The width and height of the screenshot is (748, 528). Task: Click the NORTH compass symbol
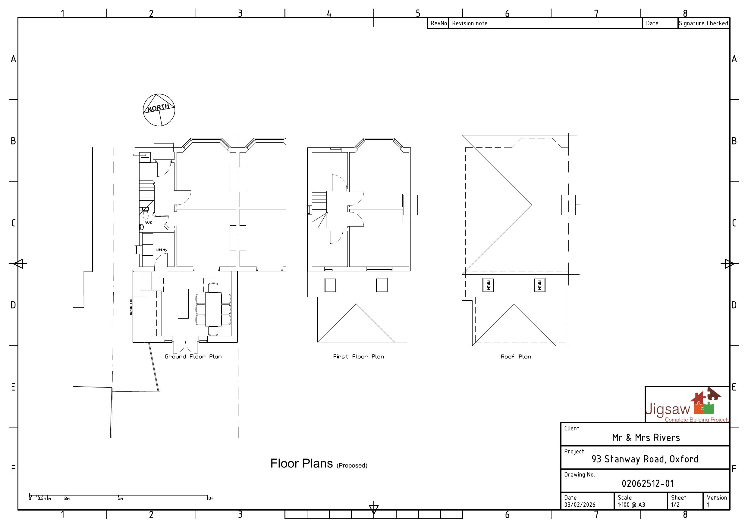pyautogui.click(x=159, y=110)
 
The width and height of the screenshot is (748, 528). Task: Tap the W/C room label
pyautogui.click(x=149, y=223)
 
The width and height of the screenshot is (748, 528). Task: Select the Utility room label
pyautogui.click(x=162, y=250)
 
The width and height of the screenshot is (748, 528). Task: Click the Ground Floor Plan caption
pyautogui.click(x=193, y=357)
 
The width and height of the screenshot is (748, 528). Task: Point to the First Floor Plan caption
pyautogui.click(x=358, y=357)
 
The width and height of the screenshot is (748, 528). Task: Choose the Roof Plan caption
pyautogui.click(x=516, y=357)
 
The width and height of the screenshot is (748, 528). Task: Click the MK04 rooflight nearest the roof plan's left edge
pyautogui.click(x=488, y=285)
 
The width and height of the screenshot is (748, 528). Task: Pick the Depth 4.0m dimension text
pyautogui.click(x=131, y=307)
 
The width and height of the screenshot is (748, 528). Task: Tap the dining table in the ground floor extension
pyautogui.click(x=213, y=309)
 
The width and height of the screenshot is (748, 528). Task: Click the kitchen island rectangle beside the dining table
pyautogui.click(x=183, y=304)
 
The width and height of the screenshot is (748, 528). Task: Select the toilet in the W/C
pyautogui.click(x=146, y=215)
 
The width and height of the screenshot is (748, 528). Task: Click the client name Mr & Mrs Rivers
pyautogui.click(x=646, y=437)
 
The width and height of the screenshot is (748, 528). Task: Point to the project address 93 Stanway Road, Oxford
pyautogui.click(x=645, y=459)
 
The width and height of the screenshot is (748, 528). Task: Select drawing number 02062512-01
pyautogui.click(x=647, y=483)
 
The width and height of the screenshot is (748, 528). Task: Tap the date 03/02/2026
pyautogui.click(x=580, y=505)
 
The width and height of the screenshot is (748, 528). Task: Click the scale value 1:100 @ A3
pyautogui.click(x=631, y=505)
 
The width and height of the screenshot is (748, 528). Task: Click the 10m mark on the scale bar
pyautogui.click(x=210, y=499)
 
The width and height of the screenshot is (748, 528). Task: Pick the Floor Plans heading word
pyautogui.click(x=301, y=464)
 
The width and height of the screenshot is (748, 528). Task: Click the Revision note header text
pyautogui.click(x=470, y=23)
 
